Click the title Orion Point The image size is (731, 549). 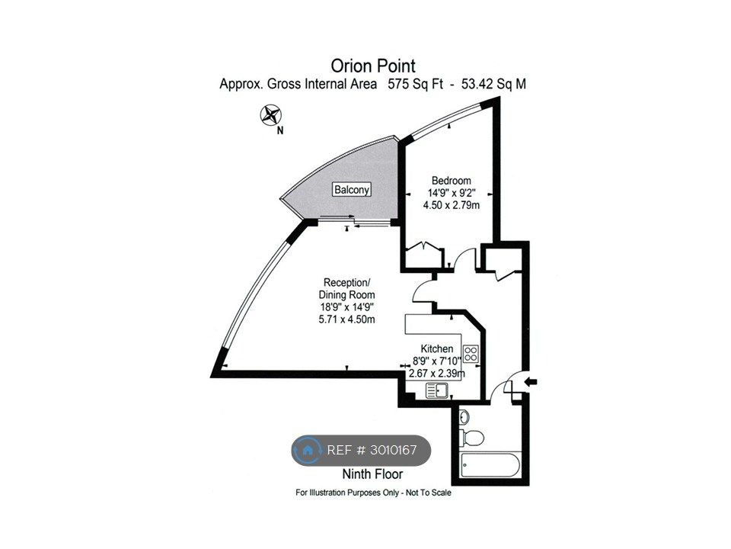[x=373, y=66]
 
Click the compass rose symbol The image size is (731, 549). [x=271, y=115]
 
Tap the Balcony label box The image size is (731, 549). [x=352, y=190]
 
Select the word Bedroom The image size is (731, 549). [x=451, y=181]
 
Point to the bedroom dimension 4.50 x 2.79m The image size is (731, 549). [x=451, y=205]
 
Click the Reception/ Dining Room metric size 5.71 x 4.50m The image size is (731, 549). [x=346, y=319]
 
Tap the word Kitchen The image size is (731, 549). [x=437, y=348]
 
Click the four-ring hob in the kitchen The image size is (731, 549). [x=471, y=353]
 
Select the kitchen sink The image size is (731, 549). [x=437, y=390]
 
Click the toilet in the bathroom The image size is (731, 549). [x=471, y=438]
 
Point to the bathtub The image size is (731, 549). [x=490, y=465]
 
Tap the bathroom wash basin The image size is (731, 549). [x=464, y=416]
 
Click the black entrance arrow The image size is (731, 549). [x=531, y=382]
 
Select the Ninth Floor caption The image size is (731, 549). [x=372, y=474]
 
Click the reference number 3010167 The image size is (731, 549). [x=393, y=450]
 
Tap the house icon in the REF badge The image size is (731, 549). [x=307, y=450]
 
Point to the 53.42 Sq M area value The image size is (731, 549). [x=493, y=84]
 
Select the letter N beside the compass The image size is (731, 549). [x=279, y=130]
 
